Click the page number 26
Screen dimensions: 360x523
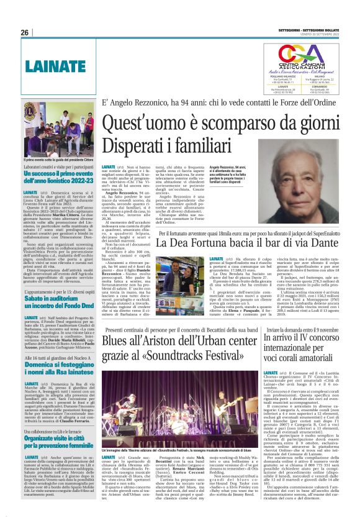(x=24, y=32)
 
